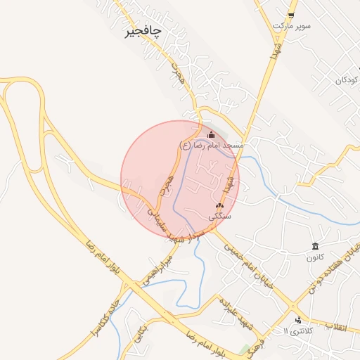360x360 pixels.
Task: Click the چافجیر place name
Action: point(143,32)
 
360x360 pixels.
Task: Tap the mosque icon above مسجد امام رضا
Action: point(211,134)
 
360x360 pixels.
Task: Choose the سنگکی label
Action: point(220,217)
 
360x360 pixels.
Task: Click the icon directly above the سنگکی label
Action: point(220,206)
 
